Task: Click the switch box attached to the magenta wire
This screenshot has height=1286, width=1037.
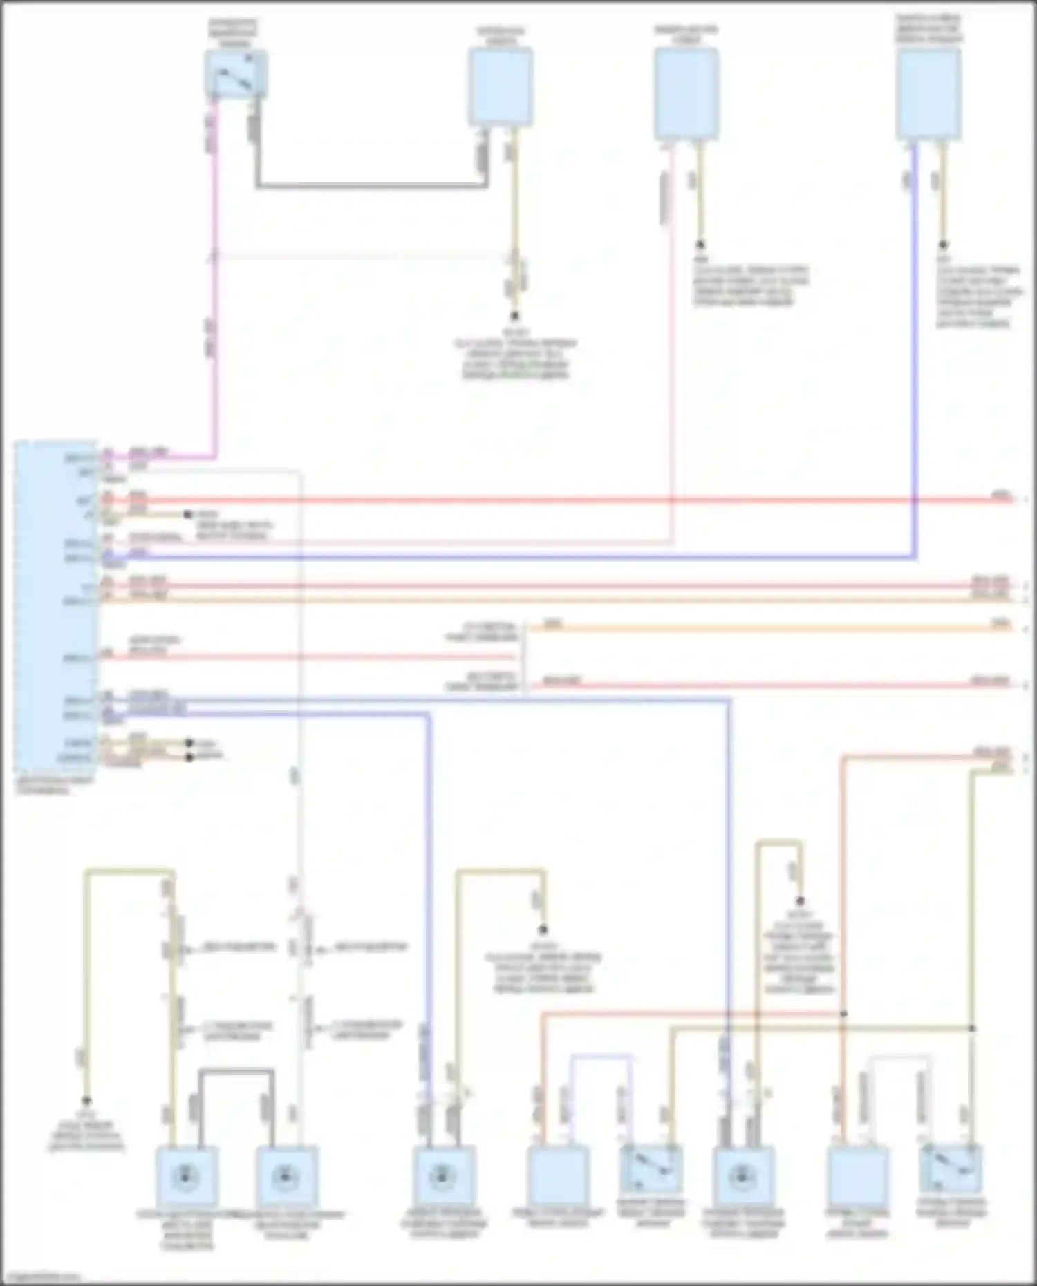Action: pyautogui.click(x=236, y=74)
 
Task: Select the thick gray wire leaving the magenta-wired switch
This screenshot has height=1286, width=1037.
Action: pyautogui.click(x=373, y=185)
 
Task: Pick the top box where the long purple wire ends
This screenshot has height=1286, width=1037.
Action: pyautogui.click(x=928, y=93)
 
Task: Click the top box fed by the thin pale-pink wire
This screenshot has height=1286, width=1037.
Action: pyautogui.click(x=686, y=93)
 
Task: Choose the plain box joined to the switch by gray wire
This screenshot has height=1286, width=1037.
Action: pyautogui.click(x=501, y=86)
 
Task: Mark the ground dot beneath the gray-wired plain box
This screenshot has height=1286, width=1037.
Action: pyautogui.click(x=514, y=316)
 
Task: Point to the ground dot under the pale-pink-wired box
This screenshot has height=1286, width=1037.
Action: pyautogui.click(x=700, y=245)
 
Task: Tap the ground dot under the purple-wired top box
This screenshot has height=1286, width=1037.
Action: pyautogui.click(x=943, y=245)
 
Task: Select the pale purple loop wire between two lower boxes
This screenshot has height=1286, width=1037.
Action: pyautogui.click(x=601, y=1056)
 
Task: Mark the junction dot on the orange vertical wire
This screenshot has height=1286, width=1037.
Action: pyautogui.click(x=843, y=1014)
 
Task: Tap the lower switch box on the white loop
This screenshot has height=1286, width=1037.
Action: pyautogui.click(x=951, y=1169)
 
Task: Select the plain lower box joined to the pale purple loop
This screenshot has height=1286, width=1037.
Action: pyautogui.click(x=558, y=1175)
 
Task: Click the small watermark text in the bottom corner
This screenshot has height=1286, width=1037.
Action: pyautogui.click(x=41, y=1278)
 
